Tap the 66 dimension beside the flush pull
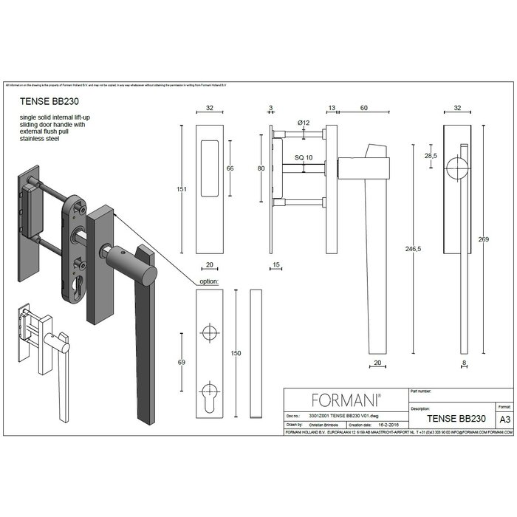click(230, 168)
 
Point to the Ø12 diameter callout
click(302, 121)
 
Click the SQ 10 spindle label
click(304, 158)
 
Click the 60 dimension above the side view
click(364, 108)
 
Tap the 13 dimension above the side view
click(332, 108)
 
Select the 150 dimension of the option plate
click(236, 354)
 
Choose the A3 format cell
click(505, 418)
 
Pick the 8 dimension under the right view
click(464, 363)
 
